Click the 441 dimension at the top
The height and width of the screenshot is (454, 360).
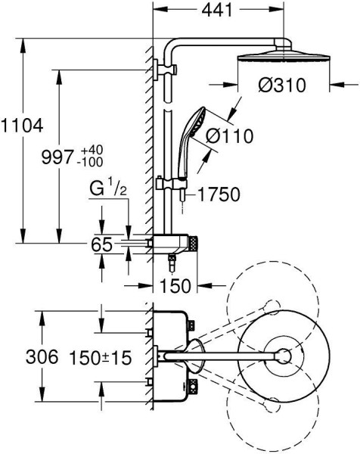(217, 11)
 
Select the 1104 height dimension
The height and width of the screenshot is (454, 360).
(22, 126)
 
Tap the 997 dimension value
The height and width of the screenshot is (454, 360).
(57, 157)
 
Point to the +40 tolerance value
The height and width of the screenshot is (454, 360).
(92, 151)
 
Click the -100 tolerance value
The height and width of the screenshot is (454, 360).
(90, 163)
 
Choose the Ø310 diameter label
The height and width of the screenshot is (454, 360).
(282, 85)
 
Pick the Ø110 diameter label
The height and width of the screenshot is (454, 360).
(229, 135)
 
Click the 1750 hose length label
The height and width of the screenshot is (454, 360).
(219, 194)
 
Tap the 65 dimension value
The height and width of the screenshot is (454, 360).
(101, 244)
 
